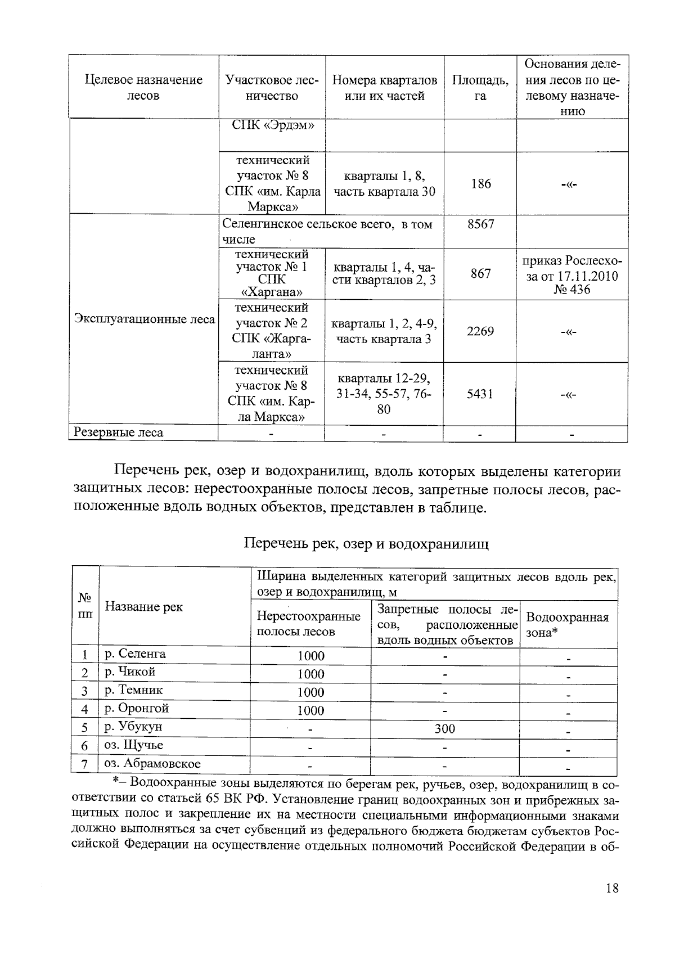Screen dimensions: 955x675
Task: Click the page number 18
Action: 612,888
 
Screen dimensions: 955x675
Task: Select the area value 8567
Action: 480,224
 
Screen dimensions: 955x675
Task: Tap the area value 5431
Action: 480,394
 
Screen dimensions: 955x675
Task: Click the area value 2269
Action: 480,331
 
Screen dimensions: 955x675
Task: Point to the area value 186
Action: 480,183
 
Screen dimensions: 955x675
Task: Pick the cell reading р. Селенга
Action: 135,654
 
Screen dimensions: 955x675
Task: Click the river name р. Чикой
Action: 130,672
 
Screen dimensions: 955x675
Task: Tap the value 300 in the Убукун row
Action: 444,728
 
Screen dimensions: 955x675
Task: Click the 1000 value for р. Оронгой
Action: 310,710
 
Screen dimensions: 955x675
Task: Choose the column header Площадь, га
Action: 480,88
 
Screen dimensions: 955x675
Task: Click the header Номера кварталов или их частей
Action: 384,88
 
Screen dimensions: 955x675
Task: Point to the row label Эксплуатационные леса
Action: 144,319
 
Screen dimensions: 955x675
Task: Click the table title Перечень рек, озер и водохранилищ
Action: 366,543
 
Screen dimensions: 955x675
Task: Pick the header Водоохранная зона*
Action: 567,624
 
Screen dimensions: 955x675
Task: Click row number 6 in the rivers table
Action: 85,746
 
